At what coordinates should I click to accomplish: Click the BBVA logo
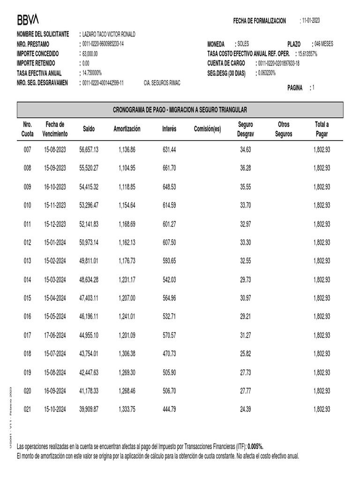click(28, 19)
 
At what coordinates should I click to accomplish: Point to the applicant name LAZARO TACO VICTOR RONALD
click(109, 34)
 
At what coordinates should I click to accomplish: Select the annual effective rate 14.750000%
click(92, 73)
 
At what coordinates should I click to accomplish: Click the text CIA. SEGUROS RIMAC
click(162, 82)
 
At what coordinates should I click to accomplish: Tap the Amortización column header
click(127, 129)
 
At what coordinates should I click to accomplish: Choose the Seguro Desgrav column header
click(246, 129)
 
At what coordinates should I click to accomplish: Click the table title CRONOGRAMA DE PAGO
click(180, 110)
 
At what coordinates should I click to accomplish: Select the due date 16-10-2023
click(55, 187)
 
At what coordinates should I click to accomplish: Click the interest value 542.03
click(169, 279)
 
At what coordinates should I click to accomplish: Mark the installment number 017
click(28, 335)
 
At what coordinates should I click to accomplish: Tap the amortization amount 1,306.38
click(127, 353)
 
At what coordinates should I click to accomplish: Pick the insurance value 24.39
click(246, 409)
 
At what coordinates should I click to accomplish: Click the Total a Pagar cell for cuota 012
click(322, 242)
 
